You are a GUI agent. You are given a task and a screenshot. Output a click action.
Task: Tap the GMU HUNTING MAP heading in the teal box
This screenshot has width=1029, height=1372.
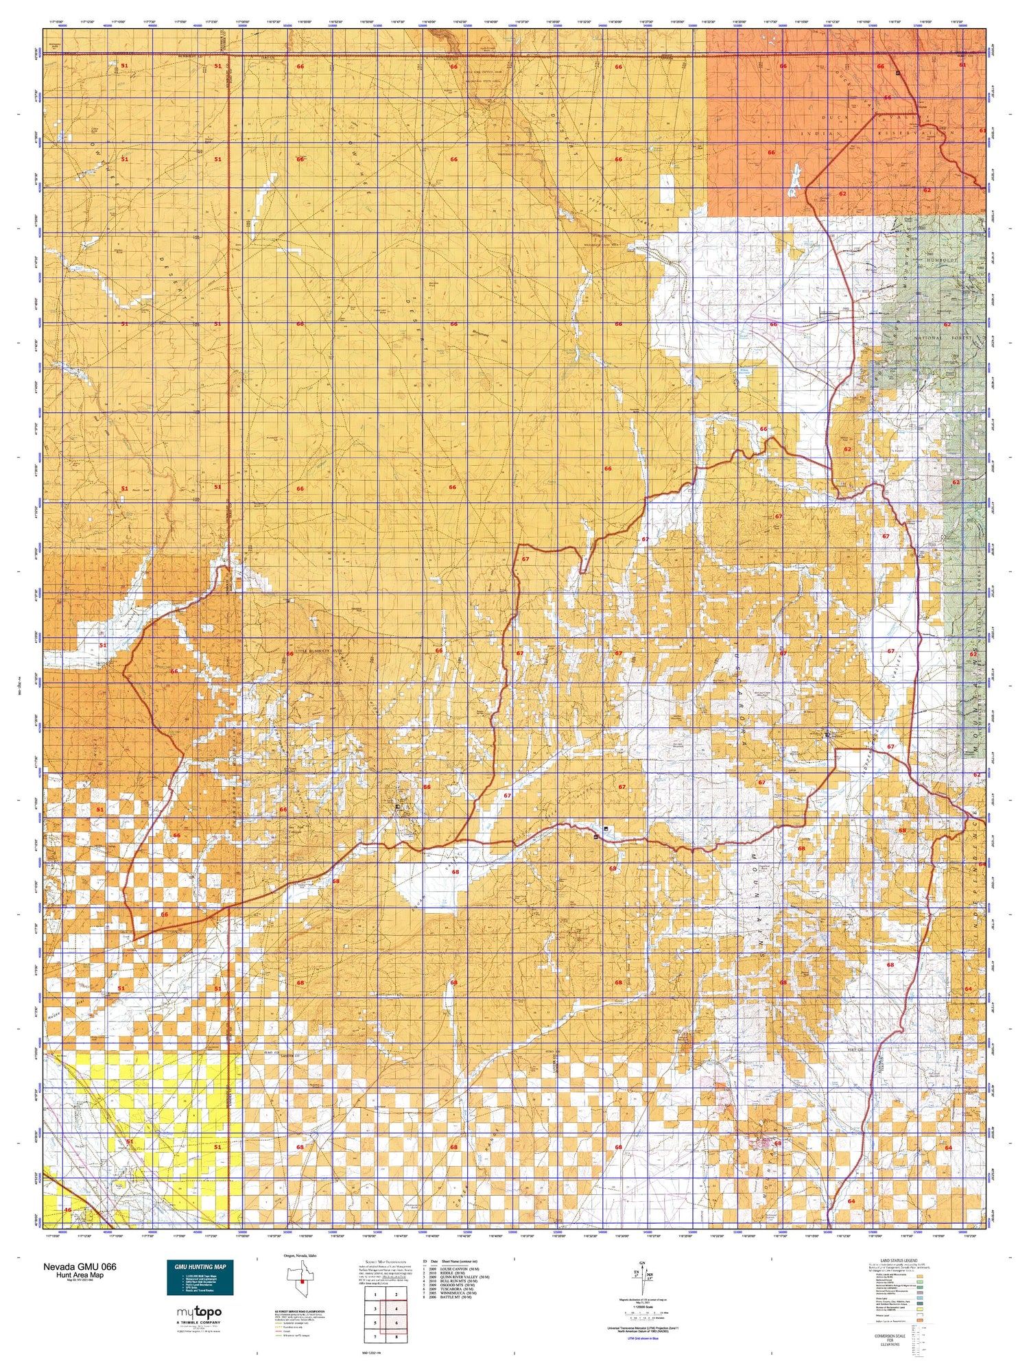point(200,1266)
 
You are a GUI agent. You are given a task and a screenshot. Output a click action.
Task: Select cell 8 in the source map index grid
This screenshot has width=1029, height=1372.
point(396,1337)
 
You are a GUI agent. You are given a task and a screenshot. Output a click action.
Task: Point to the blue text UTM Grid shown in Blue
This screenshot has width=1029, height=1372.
point(642,1338)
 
